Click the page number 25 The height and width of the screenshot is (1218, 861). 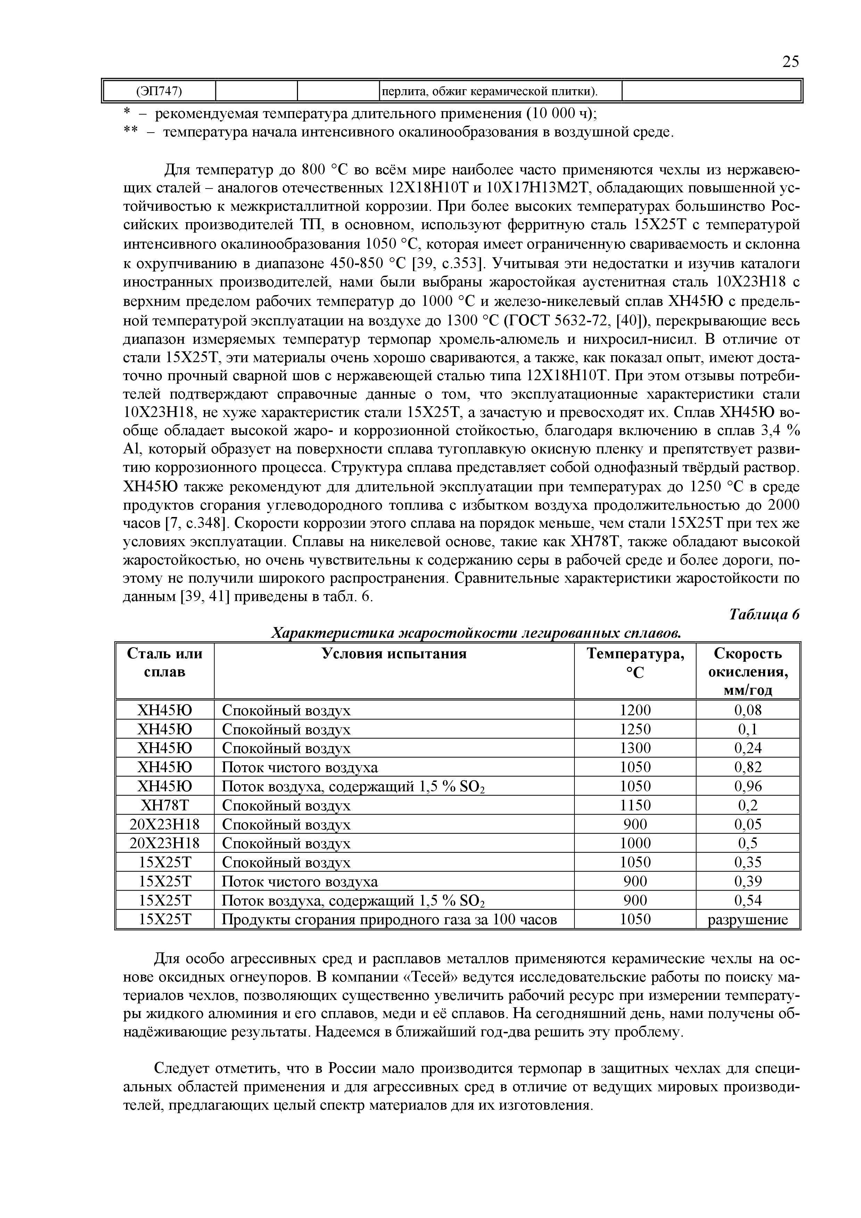790,62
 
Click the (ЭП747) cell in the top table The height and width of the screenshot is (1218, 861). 159,91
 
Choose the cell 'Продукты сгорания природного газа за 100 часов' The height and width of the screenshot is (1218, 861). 389,920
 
